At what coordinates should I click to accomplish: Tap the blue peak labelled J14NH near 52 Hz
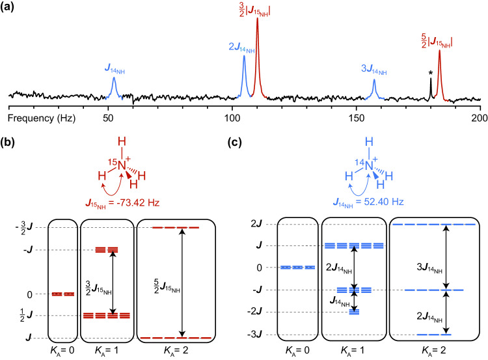point(113,85)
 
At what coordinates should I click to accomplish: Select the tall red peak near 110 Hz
point(257,39)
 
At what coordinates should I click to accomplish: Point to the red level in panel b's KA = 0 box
point(63,294)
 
